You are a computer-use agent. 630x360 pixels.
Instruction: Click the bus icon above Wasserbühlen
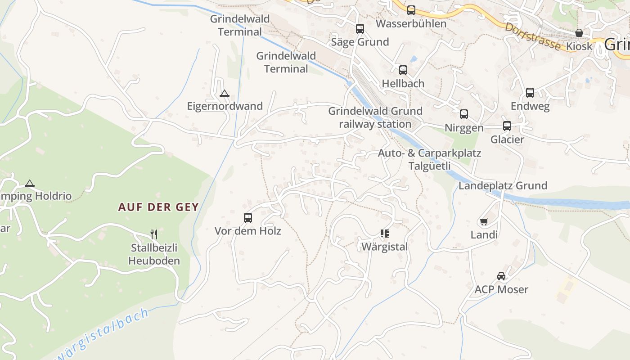point(411,10)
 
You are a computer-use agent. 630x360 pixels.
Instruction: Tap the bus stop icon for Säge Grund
point(360,29)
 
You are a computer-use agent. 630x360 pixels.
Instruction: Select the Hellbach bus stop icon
point(403,70)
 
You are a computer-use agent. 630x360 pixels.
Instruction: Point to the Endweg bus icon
point(530,93)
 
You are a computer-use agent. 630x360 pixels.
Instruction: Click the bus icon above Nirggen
point(463,114)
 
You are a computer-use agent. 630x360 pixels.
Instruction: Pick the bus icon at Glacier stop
point(507,126)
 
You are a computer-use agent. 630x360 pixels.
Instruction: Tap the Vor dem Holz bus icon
point(247,218)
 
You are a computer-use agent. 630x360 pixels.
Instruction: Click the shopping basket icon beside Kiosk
point(579,33)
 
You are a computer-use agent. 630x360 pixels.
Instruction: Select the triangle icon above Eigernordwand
point(224,94)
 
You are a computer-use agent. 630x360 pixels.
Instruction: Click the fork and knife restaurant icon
point(154,234)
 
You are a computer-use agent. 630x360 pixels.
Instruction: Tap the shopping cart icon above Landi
point(484,221)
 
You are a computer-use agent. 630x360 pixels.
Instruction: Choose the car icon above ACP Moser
point(501,276)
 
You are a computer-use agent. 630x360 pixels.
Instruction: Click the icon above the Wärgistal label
point(384,233)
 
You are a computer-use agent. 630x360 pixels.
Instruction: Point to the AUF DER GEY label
point(158,207)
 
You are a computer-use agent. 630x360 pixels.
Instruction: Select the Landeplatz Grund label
point(503,185)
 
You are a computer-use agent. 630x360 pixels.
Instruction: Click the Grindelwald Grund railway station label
point(375,117)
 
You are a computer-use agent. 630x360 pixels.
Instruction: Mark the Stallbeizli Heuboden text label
point(154,254)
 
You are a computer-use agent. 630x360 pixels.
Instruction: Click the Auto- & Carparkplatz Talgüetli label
point(429,159)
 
